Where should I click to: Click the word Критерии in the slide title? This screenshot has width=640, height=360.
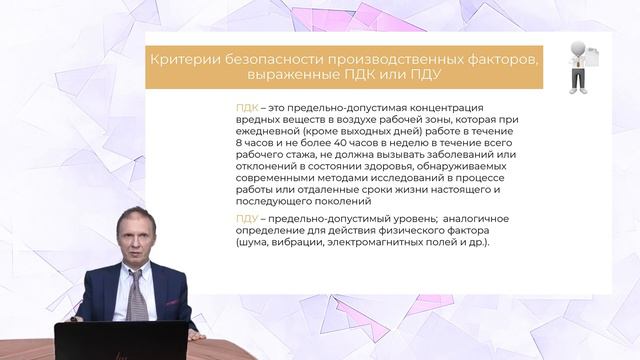[x=180, y=61]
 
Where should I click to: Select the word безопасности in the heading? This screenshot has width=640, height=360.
[x=267, y=61]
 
